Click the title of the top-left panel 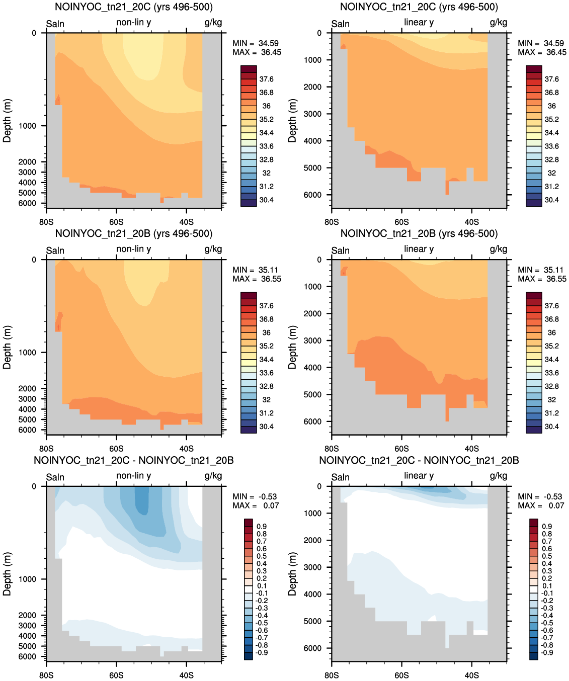click(x=134, y=7)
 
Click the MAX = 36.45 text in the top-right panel click(x=542, y=52)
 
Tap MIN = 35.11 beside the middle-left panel click(x=257, y=270)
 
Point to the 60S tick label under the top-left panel click(x=116, y=222)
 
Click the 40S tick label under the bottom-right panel click(x=472, y=675)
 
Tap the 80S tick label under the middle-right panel click(x=332, y=449)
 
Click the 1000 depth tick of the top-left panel click(x=27, y=126)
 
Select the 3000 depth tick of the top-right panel click(x=312, y=114)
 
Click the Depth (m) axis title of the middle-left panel click(x=7, y=347)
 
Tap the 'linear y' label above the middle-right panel click(x=419, y=249)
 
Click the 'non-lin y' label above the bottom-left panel click(x=134, y=476)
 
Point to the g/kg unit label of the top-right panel click(x=499, y=23)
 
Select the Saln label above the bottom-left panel click(x=55, y=477)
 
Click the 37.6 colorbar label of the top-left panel click(x=266, y=79)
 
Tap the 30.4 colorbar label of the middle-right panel click(x=551, y=427)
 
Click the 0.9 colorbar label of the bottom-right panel click(x=547, y=527)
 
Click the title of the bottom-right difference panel click(x=419, y=460)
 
